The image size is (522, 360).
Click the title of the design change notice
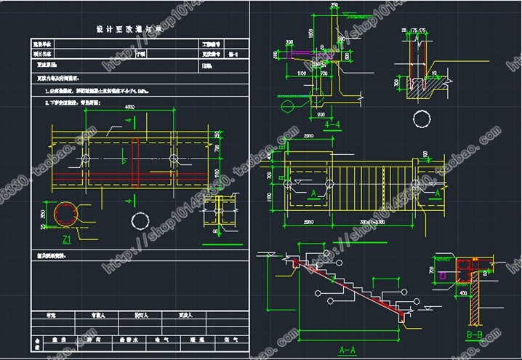click(131, 30)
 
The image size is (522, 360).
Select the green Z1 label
click(67, 238)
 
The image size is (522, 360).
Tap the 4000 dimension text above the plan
click(130, 108)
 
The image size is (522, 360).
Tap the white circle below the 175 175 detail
click(420, 117)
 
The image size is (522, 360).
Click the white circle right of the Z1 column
click(138, 220)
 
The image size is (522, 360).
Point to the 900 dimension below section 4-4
click(321, 114)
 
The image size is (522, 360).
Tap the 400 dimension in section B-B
click(463, 293)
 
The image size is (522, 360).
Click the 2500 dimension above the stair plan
click(308, 136)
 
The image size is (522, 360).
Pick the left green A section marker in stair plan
click(314, 193)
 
